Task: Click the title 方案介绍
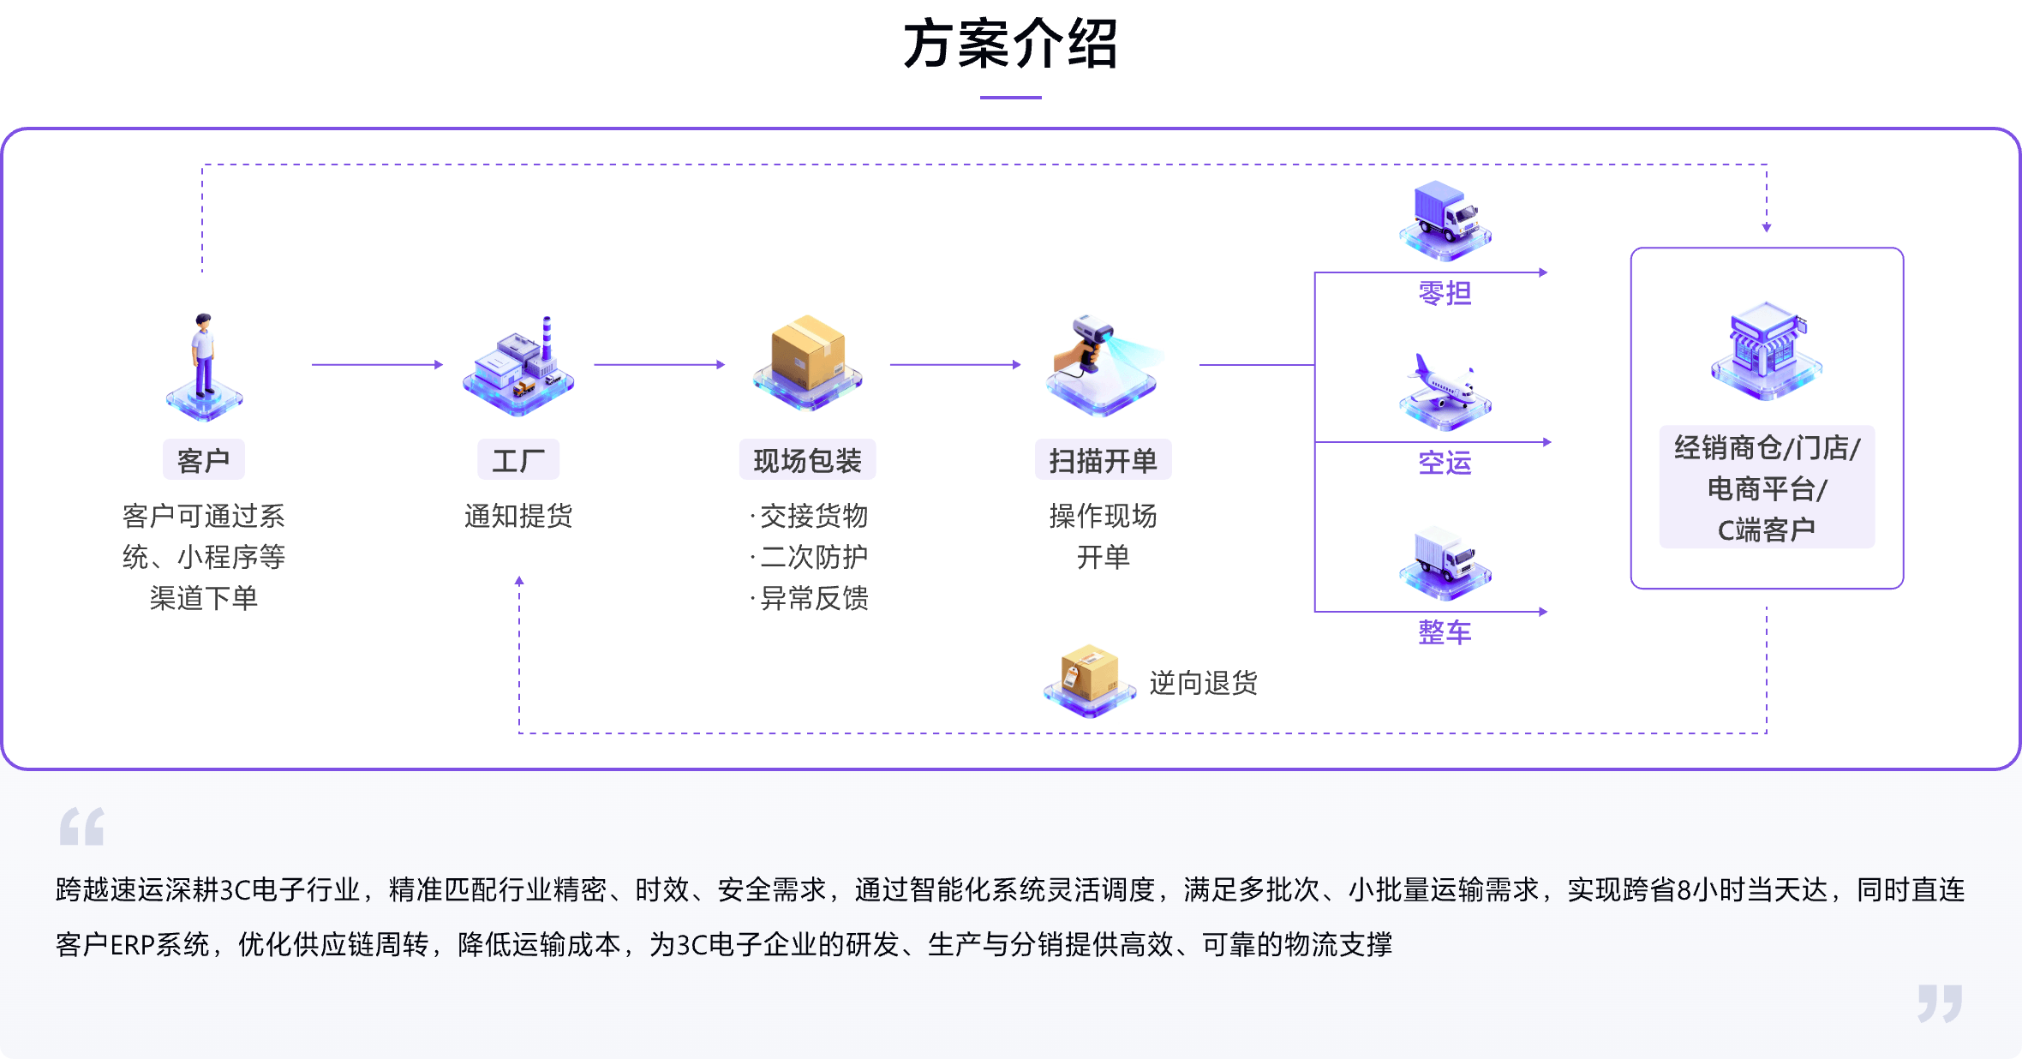point(1011,44)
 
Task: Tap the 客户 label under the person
point(203,460)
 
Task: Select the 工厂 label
point(518,460)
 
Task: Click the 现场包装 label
point(807,460)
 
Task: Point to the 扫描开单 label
point(1103,460)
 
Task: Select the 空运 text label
point(1445,463)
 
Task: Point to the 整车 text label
point(1445,632)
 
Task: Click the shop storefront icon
point(1766,347)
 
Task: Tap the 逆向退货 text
point(1203,683)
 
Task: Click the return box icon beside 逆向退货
point(1089,679)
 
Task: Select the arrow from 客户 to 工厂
point(377,365)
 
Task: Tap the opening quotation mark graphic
point(82,826)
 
